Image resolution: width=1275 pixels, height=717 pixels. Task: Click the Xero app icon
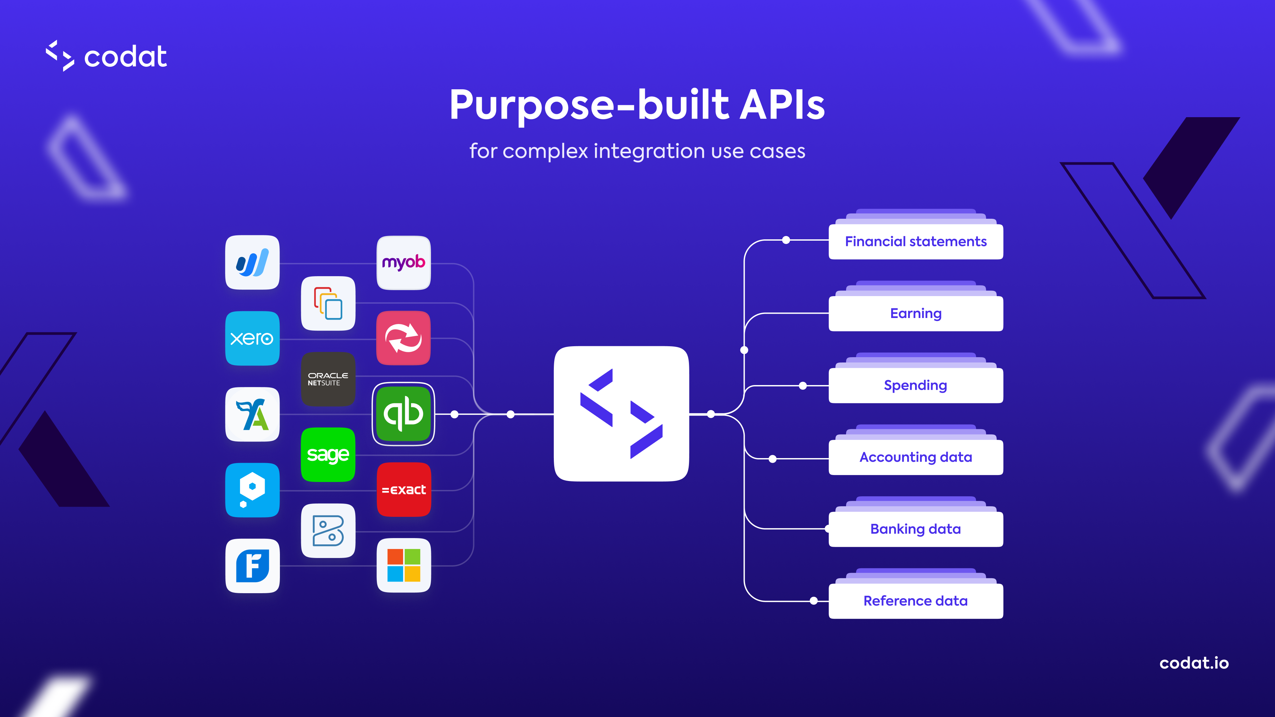[252, 339]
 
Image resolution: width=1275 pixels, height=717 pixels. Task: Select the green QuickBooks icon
[403, 414]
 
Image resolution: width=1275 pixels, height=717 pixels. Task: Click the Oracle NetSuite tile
[328, 379]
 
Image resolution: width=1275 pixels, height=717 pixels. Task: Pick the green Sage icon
[328, 454]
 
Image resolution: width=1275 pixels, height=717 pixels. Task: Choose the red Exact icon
[403, 489]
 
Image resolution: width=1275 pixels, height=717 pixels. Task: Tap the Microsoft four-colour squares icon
[403, 565]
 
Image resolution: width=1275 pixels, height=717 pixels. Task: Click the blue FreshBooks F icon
[252, 566]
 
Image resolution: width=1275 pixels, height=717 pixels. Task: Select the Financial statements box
[916, 241]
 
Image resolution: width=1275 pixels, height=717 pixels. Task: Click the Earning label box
[916, 313]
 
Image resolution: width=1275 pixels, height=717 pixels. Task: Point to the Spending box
[916, 385]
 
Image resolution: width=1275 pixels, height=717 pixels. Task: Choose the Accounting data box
[916, 457]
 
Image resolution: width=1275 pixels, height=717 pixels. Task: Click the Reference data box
[916, 601]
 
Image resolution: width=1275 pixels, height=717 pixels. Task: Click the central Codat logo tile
[621, 414]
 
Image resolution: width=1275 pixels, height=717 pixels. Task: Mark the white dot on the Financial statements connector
[786, 240]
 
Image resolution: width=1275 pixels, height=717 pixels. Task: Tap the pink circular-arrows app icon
[403, 339]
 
